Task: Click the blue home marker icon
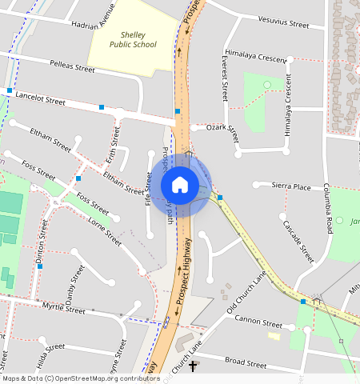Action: (180, 185)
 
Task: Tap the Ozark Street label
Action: (222, 127)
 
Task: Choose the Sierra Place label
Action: (290, 186)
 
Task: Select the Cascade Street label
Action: (298, 241)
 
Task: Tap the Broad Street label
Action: (245, 362)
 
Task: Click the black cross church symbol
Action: (193, 367)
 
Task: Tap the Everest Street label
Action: (226, 78)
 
